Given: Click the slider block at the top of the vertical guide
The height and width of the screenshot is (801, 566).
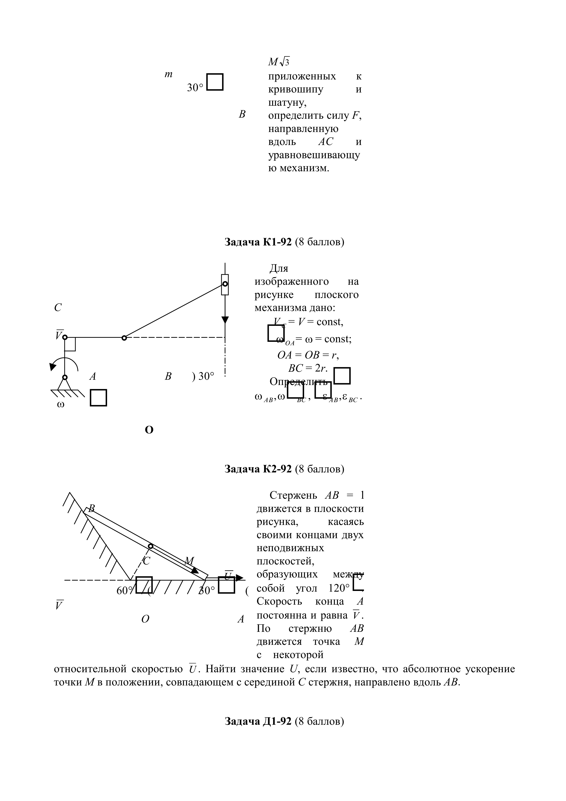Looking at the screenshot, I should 225,284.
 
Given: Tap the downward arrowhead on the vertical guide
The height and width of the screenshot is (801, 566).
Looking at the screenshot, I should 225,320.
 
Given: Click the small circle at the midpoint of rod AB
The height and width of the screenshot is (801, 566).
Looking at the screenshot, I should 150,546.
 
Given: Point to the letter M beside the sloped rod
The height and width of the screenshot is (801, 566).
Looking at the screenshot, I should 189,561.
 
